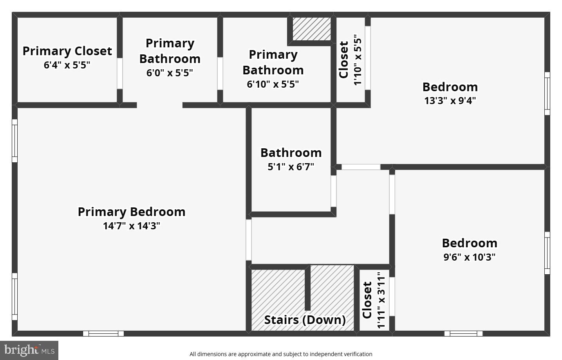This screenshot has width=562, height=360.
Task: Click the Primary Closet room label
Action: tap(67, 51)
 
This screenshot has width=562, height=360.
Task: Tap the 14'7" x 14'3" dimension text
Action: tap(132, 226)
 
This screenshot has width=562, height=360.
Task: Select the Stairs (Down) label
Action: tap(305, 320)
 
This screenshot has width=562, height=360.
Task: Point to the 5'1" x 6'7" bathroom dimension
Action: tap(291, 167)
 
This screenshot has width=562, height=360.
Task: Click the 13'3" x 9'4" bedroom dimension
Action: tap(450, 101)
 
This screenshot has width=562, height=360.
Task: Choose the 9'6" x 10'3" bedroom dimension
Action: tap(469, 257)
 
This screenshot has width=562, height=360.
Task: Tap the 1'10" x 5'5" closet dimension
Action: tap(358, 60)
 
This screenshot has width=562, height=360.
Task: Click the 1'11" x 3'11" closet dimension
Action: tap(381, 300)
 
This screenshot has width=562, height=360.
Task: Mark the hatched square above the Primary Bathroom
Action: tap(312, 29)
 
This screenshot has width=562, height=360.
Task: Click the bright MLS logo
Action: tap(29, 350)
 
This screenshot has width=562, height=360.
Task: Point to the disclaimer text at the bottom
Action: tap(281, 354)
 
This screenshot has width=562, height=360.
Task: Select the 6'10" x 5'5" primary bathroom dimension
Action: tap(273, 84)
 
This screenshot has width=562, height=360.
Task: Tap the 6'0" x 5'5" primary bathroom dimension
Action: tap(170, 73)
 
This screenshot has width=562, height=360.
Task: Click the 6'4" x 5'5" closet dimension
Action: tap(67, 65)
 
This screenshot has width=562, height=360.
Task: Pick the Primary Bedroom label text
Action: tap(132, 212)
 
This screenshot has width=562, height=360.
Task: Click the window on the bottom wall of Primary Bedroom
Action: tap(103, 333)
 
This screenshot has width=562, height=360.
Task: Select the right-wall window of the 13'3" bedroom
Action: tap(547, 94)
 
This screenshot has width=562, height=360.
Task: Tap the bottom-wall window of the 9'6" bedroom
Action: tap(463, 333)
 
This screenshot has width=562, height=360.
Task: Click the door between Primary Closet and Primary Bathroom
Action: tap(120, 73)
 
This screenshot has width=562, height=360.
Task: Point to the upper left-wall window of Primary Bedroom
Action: tap(14, 141)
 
